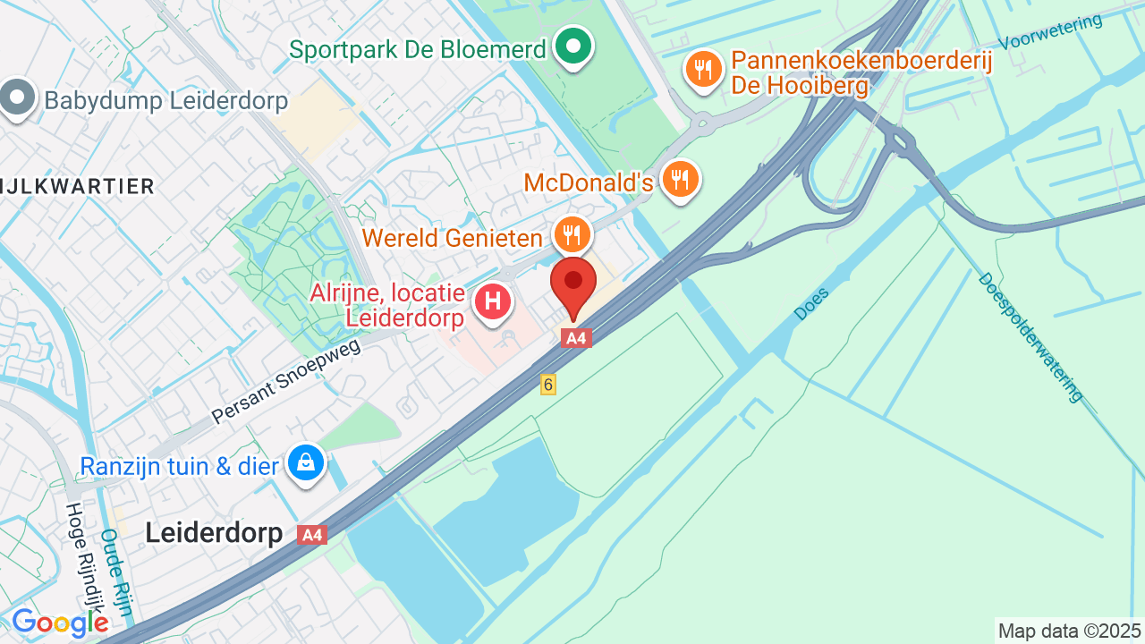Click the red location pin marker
tap(573, 284)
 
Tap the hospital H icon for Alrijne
tap(492, 301)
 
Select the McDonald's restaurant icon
tap(681, 179)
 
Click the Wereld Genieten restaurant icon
tap(572, 234)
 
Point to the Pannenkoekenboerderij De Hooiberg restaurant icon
tap(704, 68)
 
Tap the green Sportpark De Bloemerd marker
tap(572, 46)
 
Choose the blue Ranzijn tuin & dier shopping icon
tap(306, 462)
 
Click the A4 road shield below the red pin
tap(576, 338)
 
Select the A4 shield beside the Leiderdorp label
tap(311, 535)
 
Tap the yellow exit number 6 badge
tap(547, 384)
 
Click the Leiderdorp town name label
tap(214, 533)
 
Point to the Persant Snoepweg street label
tap(286, 380)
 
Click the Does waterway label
tap(811, 303)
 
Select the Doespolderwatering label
tap(1030, 337)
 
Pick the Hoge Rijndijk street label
tap(83, 555)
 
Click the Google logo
tap(60, 623)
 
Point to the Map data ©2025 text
tap(1070, 631)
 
